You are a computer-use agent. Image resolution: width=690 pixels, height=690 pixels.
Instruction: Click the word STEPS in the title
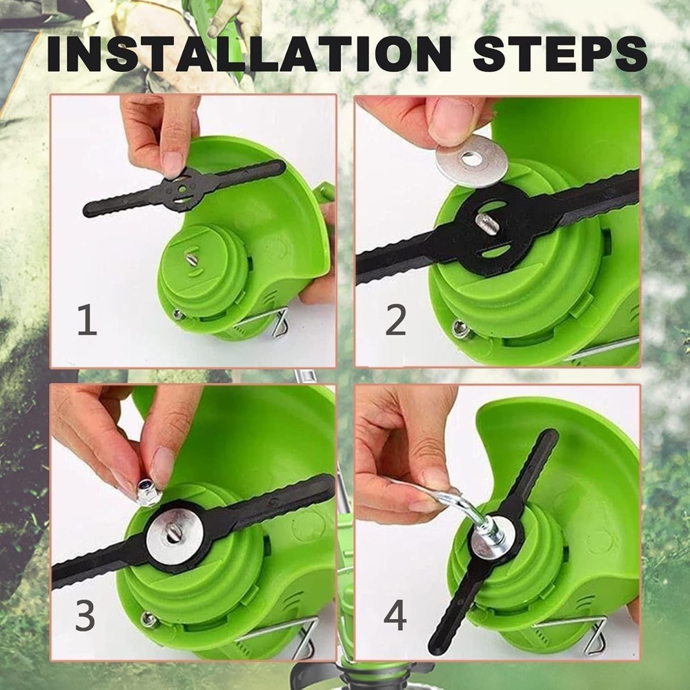(560, 53)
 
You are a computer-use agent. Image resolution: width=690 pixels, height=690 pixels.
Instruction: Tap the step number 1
(87, 321)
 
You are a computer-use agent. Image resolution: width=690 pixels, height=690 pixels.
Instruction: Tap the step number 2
(395, 321)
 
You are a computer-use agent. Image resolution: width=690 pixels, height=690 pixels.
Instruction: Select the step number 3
(85, 616)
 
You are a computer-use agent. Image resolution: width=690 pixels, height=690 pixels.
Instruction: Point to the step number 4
(395, 616)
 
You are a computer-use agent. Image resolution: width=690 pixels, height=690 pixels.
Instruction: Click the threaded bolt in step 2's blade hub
(487, 224)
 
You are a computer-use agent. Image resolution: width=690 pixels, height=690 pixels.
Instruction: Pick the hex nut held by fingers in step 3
(148, 493)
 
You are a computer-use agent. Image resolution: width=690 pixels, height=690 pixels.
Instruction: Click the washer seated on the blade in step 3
(175, 535)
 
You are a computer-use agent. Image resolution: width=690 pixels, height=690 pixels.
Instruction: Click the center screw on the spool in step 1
(191, 259)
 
